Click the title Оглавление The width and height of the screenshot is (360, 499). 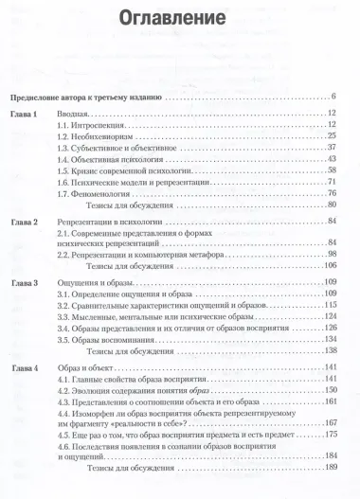(x=179, y=18)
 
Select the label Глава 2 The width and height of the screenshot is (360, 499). (x=27, y=221)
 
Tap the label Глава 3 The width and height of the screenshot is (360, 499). (x=27, y=282)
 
